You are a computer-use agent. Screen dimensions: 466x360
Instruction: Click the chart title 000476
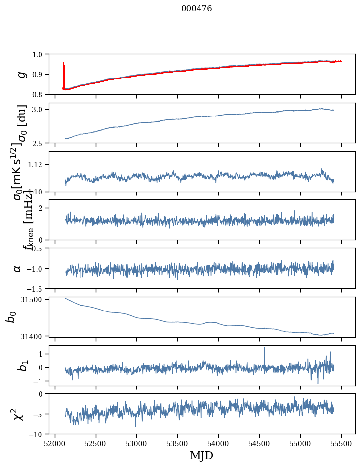197,8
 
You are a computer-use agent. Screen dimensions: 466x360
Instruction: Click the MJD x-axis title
201,455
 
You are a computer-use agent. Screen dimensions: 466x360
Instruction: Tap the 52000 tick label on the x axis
55,442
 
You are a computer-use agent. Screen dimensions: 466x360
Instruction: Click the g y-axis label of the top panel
21,75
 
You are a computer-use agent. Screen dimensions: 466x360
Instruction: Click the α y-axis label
18,268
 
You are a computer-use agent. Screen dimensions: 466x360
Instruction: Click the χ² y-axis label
18,414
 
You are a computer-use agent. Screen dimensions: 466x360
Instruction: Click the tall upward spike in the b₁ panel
264,349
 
